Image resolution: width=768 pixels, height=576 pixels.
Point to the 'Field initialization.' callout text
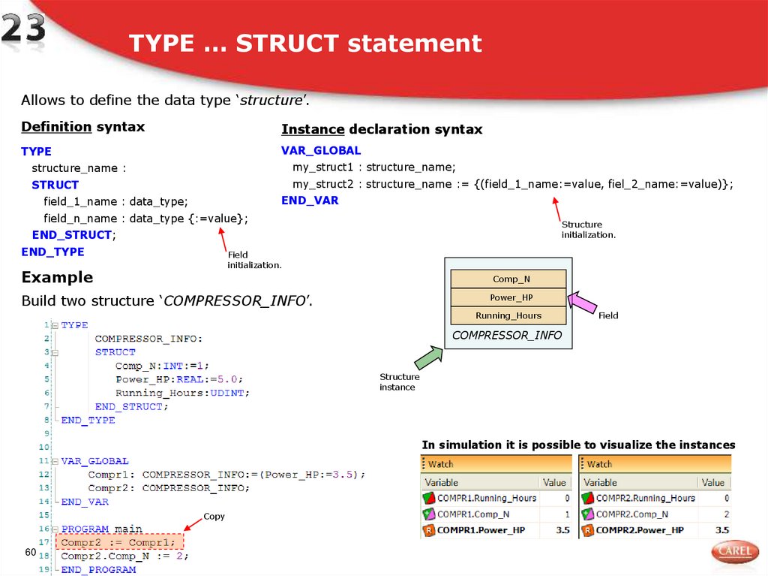tap(254, 260)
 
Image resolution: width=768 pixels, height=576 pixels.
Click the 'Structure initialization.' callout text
tap(589, 230)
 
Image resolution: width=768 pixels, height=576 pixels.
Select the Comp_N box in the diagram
tap(508, 279)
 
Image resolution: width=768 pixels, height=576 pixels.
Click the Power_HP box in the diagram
tap(508, 297)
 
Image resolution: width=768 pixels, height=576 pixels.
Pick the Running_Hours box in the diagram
tap(508, 315)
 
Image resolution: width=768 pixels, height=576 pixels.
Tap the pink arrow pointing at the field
tap(582, 303)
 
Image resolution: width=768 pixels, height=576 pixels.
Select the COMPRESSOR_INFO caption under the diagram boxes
tap(507, 335)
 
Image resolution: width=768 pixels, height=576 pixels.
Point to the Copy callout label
tap(214, 517)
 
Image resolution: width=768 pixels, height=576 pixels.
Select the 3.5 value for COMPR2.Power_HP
tap(722, 530)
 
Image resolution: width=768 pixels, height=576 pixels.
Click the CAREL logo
tap(734, 551)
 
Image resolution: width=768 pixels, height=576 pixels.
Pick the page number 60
tap(31, 553)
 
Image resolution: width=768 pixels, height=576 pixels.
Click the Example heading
tap(57, 277)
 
